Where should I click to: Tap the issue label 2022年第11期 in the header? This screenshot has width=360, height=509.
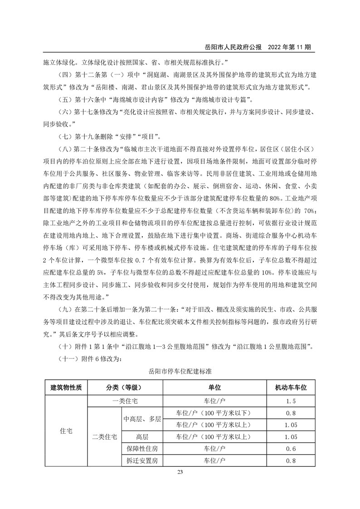[x=289, y=47]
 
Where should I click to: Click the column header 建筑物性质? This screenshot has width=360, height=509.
[x=66, y=388]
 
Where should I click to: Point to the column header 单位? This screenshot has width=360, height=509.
[x=214, y=388]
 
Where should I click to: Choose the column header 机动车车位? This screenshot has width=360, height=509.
[x=291, y=388]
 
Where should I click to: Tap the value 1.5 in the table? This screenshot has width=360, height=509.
[x=291, y=401]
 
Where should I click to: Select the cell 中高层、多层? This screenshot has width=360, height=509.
[x=142, y=419]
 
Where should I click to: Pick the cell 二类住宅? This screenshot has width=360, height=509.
[x=104, y=437]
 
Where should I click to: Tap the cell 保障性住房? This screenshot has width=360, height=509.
[x=142, y=449]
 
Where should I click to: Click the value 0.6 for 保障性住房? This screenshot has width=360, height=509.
[x=291, y=449]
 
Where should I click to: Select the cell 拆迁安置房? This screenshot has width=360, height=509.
[x=142, y=461]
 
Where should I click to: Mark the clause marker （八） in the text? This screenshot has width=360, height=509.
[x=67, y=149]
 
